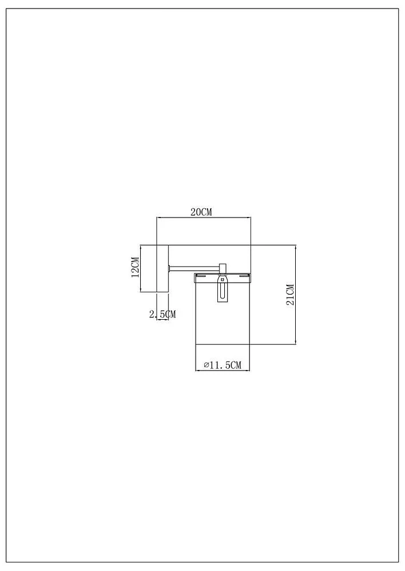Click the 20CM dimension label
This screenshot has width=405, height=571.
click(201, 212)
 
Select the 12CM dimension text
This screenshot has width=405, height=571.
click(135, 267)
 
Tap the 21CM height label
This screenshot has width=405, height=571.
click(290, 295)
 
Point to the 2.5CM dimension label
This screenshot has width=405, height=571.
click(162, 314)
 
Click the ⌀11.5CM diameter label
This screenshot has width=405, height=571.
click(223, 365)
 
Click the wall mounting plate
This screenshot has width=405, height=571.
click(162, 268)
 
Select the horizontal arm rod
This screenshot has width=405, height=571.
click(194, 268)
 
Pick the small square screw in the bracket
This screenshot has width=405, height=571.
click(222, 280)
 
